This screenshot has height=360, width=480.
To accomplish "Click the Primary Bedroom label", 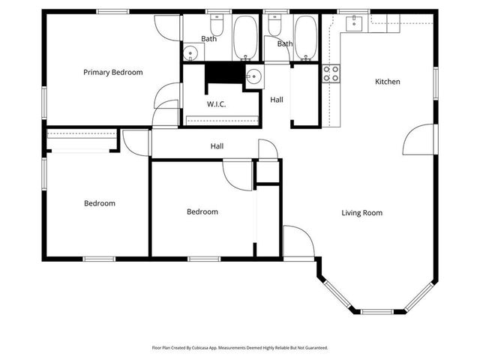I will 112,73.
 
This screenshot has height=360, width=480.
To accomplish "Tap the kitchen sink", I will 353,22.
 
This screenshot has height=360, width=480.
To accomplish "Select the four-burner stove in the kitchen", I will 331,73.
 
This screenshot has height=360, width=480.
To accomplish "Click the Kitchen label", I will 387,82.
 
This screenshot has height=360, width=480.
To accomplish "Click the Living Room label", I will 361,213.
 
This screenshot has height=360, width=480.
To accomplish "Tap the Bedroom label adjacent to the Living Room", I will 202,212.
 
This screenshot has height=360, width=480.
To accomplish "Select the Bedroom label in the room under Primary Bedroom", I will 99,203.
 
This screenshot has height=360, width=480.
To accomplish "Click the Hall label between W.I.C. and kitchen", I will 277,100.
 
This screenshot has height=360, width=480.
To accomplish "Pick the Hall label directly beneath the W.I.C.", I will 217,147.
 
